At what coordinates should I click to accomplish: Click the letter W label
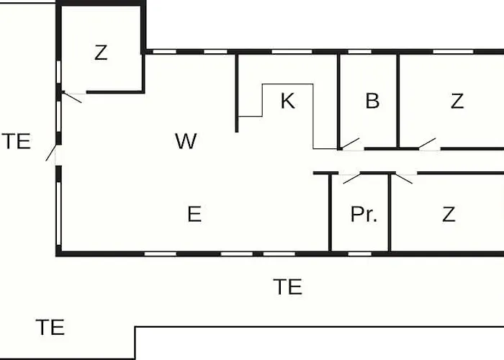click(186, 141)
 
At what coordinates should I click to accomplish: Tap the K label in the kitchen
click(288, 101)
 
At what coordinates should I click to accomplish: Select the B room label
click(372, 101)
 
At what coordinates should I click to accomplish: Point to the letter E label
click(194, 214)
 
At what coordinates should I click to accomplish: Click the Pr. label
click(364, 214)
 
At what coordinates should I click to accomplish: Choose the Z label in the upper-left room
click(101, 53)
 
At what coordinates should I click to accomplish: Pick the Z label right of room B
click(457, 101)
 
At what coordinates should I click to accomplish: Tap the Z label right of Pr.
click(449, 215)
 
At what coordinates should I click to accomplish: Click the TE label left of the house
click(17, 141)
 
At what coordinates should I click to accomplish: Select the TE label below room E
click(288, 287)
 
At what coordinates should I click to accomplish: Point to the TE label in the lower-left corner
click(50, 327)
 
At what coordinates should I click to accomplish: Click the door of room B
click(351, 144)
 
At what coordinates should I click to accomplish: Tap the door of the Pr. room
click(351, 179)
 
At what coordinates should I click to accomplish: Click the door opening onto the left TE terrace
click(51, 153)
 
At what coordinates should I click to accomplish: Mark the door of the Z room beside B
click(428, 144)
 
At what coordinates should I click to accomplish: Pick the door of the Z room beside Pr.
click(404, 179)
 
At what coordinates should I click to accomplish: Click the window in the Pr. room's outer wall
click(360, 254)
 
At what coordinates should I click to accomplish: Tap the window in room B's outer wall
click(360, 52)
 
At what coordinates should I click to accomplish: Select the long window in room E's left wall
click(59, 214)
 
